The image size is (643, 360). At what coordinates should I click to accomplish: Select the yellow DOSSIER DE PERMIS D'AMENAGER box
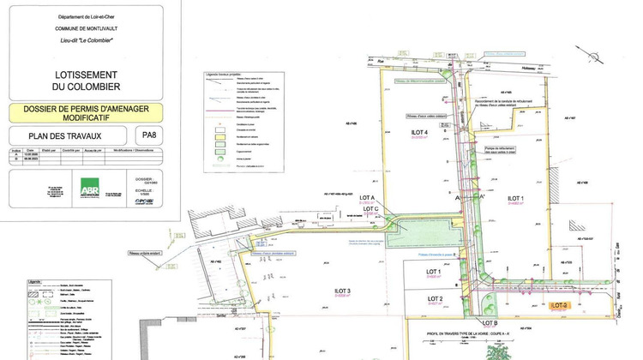[x=86, y=112]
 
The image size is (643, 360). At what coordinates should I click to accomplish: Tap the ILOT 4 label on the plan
[x=419, y=131]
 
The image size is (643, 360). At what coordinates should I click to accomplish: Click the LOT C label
[x=371, y=209]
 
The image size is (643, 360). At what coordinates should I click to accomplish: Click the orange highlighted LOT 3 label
[x=560, y=304]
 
